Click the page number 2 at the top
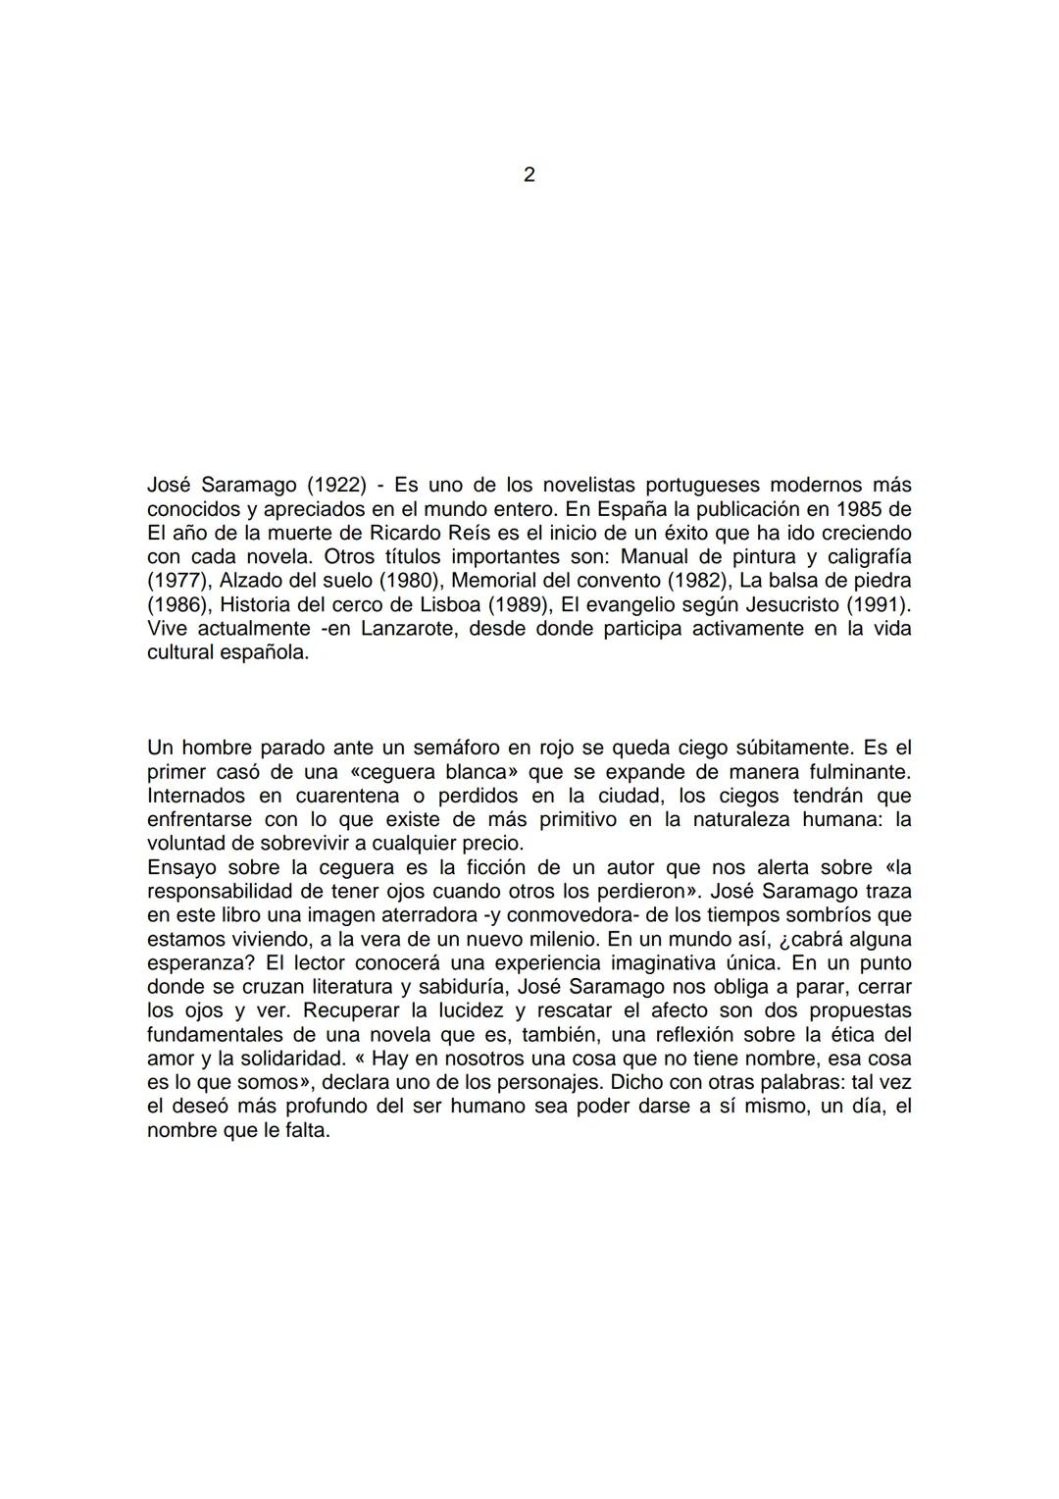(529, 176)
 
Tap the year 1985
(862, 509)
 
